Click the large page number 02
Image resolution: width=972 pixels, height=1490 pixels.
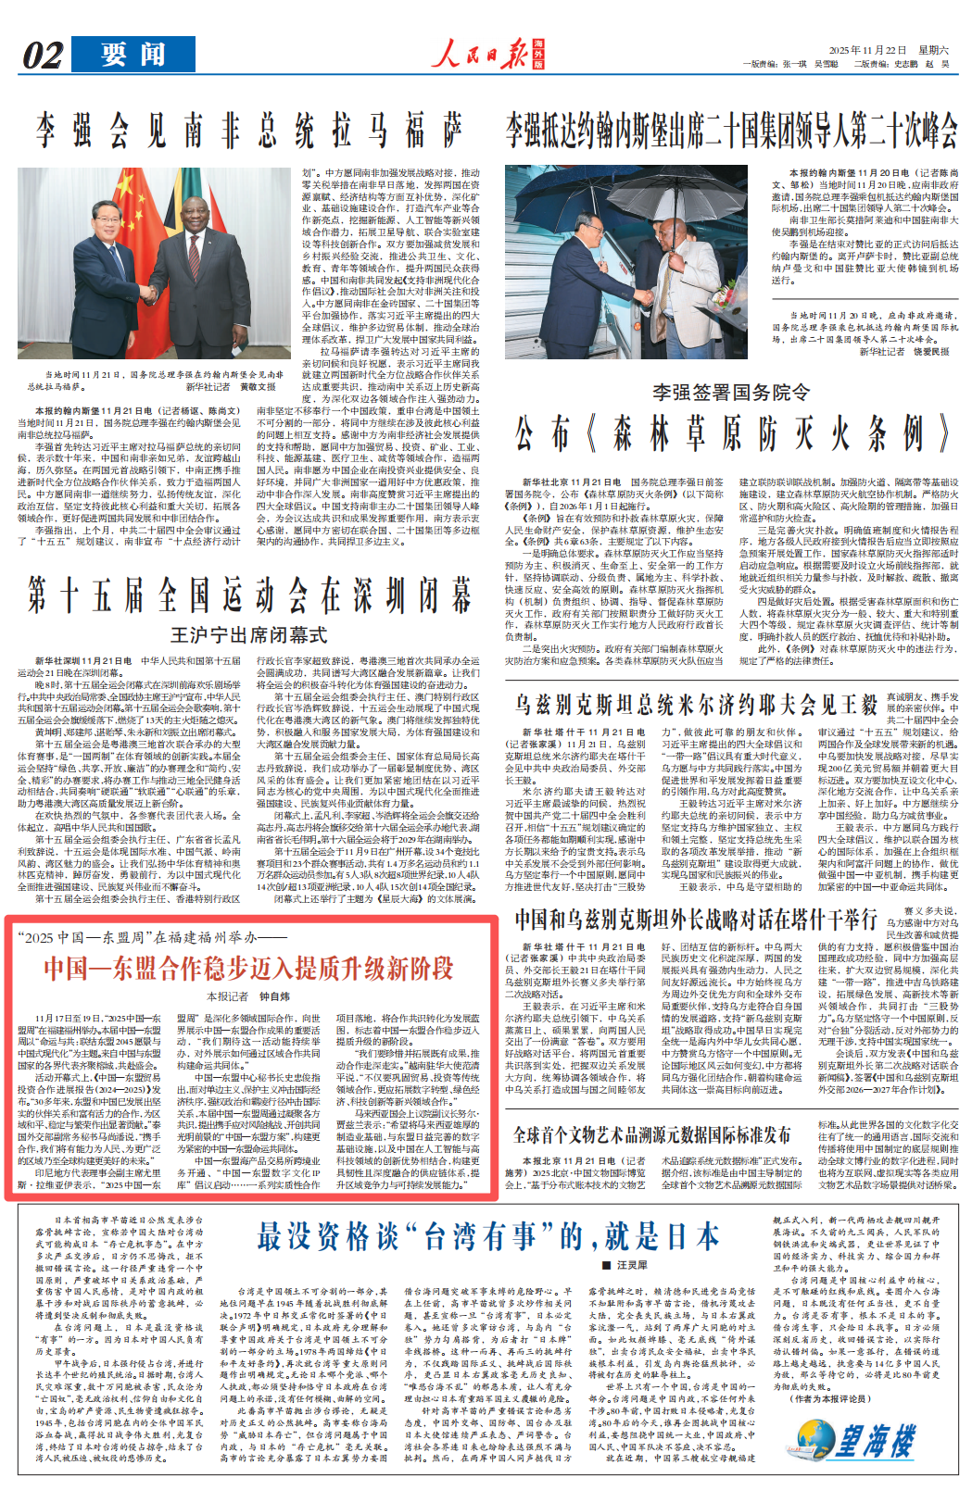pyautogui.click(x=43, y=56)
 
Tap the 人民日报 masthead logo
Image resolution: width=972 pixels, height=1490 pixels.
pyautogui.click(x=490, y=55)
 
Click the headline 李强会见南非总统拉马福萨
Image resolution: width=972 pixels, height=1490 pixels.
pyautogui.click(x=248, y=131)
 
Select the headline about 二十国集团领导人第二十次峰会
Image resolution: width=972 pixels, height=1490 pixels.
pyautogui.click(x=731, y=131)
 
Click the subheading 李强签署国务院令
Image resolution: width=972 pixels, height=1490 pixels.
pyautogui.click(x=730, y=393)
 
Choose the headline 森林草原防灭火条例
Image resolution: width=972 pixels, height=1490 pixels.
pyautogui.click(x=731, y=433)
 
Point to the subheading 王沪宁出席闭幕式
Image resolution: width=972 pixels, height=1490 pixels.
pyautogui.click(x=248, y=635)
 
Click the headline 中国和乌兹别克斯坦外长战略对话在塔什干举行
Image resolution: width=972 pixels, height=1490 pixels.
pyautogui.click(x=696, y=920)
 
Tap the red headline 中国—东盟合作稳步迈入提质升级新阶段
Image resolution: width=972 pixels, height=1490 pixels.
pyautogui.click(x=248, y=969)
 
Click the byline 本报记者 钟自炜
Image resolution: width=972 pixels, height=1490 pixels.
pyautogui.click(x=248, y=996)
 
